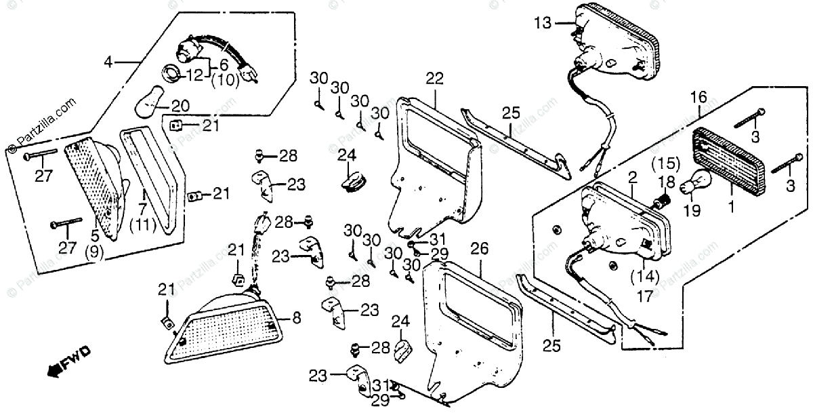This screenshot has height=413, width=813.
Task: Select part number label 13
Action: pyautogui.click(x=542, y=22)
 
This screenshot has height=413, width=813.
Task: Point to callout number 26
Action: pyautogui.click(x=479, y=250)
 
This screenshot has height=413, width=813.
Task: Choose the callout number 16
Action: pyautogui.click(x=699, y=98)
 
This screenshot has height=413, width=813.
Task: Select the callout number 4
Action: pyautogui.click(x=108, y=63)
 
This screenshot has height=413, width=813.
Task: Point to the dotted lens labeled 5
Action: pyautogui.click(x=95, y=186)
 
